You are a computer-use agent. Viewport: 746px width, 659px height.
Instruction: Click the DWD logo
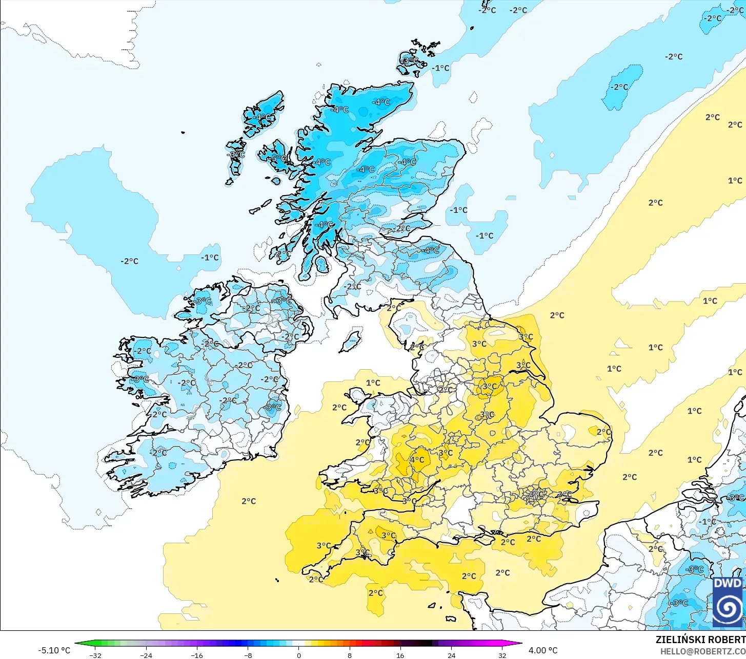point(728,602)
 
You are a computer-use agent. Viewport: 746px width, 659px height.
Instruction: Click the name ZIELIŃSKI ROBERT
point(700,640)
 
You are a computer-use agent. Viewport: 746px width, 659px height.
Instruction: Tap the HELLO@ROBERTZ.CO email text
point(702,651)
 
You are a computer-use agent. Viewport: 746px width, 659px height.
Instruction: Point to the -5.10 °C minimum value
point(54,650)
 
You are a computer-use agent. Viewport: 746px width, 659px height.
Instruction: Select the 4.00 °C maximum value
point(543,650)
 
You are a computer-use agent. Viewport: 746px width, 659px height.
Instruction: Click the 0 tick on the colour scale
point(299,655)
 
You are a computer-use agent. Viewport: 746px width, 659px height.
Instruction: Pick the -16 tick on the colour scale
point(197,655)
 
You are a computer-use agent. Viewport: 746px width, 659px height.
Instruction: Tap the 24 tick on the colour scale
point(451,655)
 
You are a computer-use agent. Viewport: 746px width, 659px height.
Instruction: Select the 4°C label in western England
point(417,460)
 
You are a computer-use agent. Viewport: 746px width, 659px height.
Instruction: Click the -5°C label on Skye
point(278,159)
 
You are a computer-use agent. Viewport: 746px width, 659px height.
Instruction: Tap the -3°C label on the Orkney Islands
point(409,60)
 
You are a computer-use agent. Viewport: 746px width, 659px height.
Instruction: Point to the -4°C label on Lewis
point(262,117)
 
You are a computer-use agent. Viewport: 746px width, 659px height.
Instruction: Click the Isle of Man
point(351,341)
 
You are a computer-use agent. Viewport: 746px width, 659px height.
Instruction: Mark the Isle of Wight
point(485,538)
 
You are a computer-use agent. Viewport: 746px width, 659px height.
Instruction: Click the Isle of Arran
point(321,264)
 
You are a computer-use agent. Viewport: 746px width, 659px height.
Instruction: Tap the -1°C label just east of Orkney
point(440,68)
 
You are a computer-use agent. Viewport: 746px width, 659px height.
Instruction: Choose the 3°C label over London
point(536,495)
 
